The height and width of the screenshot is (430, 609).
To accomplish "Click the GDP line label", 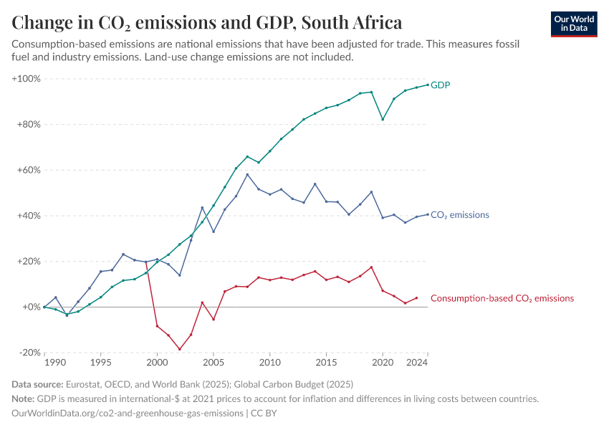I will pyautogui.click(x=440, y=85).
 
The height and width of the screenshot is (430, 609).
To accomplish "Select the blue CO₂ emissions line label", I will pyautogui.click(x=459, y=214).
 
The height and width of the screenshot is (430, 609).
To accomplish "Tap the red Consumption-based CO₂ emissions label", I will pyautogui.click(x=502, y=298).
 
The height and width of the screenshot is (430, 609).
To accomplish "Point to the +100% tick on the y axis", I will pyautogui.click(x=27, y=78).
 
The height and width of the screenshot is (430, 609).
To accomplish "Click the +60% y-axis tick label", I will pyautogui.click(x=29, y=170).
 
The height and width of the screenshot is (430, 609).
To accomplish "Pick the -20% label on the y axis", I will pyautogui.click(x=29, y=353).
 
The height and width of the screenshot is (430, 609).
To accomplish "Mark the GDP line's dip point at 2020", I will pyautogui.click(x=383, y=120).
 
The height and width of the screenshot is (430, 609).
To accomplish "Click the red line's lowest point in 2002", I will pyautogui.click(x=180, y=350).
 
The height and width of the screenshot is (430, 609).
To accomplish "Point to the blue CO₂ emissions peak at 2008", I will pyautogui.click(x=247, y=174).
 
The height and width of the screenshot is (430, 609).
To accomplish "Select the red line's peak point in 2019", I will pyautogui.click(x=371, y=267).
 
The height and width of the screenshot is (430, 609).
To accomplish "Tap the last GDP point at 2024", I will pyautogui.click(x=428, y=85).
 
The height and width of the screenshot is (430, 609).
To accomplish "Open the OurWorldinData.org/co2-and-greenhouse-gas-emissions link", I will pyautogui.click(x=125, y=413).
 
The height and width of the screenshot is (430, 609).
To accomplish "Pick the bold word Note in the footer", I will pyautogui.click(x=26, y=398).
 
